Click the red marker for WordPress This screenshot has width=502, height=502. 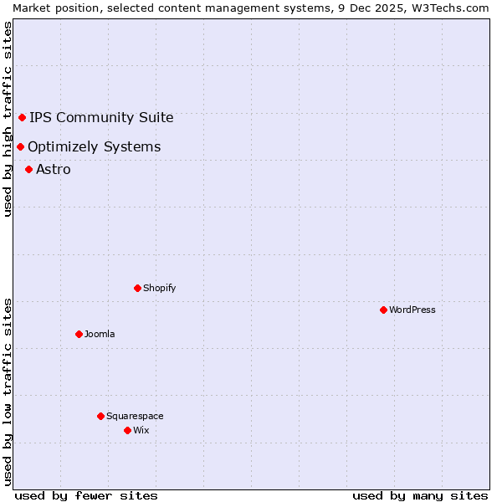coord(383,310)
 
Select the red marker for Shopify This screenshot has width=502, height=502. coord(137,288)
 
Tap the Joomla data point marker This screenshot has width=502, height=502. coord(79,334)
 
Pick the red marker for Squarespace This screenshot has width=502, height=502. coord(100,416)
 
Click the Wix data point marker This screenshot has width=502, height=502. coord(127,430)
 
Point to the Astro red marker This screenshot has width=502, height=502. coord(28,169)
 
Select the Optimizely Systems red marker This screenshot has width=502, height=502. coord(20,147)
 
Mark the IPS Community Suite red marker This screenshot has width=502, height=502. coord(22,117)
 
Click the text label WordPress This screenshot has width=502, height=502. coord(412,310)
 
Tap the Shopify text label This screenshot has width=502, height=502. coord(159,288)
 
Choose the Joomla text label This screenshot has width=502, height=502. coord(100,334)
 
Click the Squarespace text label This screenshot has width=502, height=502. coord(135,416)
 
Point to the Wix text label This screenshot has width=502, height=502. coord(141,430)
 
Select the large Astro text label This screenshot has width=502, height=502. coord(54,170)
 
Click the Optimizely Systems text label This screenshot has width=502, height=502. coord(94,147)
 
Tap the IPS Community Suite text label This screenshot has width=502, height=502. coord(101,117)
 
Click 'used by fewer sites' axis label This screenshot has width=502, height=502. coord(86,495)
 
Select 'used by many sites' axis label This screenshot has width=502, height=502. coord(420,495)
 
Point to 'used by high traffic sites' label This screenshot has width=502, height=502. coord(8,119)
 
